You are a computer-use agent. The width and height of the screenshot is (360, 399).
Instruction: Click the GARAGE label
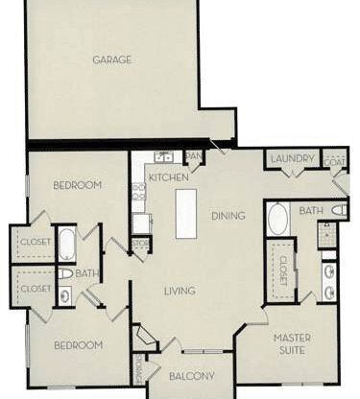pyautogui.click(x=112, y=59)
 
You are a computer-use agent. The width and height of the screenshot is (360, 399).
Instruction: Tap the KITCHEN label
pyautogui.click(x=168, y=178)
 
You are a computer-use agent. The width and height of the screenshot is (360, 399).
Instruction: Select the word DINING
pyautogui.click(x=228, y=217)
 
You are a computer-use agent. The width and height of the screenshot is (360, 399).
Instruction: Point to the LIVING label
pyautogui.click(x=180, y=291)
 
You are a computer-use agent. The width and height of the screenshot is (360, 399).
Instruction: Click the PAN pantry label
pyautogui.click(x=193, y=155)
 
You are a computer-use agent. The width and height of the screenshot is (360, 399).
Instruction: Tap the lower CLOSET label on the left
pyautogui.click(x=35, y=288)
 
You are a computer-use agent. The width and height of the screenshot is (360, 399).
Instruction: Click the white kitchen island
pyautogui.click(x=185, y=213)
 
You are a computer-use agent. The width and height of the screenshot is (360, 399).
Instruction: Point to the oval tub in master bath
pyautogui.click(x=277, y=219)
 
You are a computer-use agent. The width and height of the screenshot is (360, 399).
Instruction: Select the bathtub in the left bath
pyautogui.click(x=67, y=244)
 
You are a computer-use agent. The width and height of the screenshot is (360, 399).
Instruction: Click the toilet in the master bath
pyautogui.click(x=339, y=210)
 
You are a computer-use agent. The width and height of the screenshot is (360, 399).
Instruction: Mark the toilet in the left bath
pyautogui.click(x=64, y=274)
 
